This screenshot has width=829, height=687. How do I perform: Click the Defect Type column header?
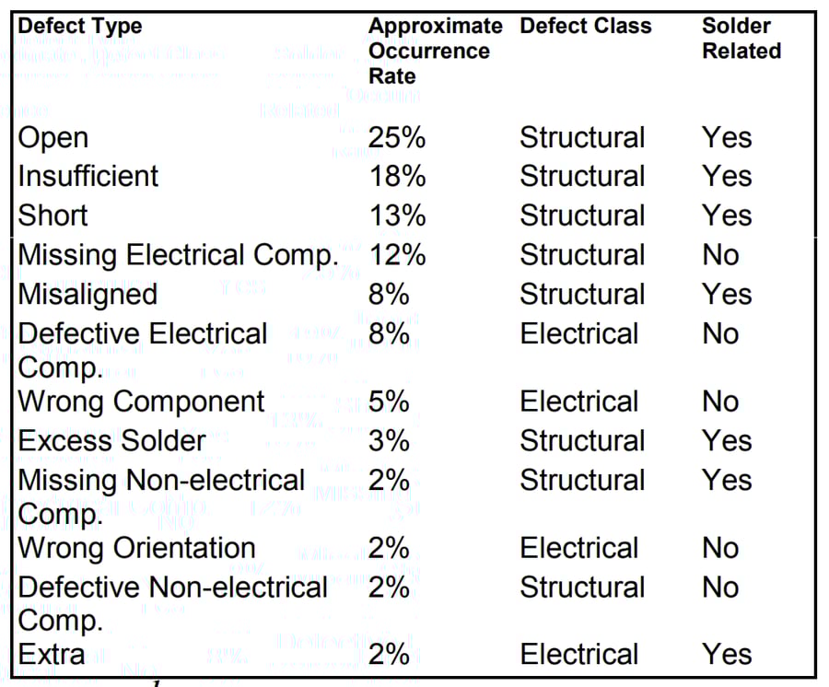coord(80,27)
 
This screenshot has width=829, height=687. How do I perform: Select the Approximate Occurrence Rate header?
coord(435,51)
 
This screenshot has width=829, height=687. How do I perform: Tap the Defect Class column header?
coord(585,27)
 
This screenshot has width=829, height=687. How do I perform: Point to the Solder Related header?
coord(741,39)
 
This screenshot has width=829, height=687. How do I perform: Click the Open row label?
coord(53,138)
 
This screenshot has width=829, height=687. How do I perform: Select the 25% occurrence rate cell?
coord(397,138)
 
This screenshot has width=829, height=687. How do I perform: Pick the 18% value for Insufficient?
coord(397,177)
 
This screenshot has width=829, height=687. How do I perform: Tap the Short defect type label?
coord(53,216)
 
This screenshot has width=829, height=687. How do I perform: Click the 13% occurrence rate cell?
coord(397,216)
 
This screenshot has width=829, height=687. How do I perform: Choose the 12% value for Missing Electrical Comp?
coord(397,255)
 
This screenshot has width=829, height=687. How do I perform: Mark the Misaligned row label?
coord(88,295)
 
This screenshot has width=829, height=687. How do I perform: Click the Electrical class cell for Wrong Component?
coord(578,402)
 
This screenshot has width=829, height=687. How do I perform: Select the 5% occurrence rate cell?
coord(389,402)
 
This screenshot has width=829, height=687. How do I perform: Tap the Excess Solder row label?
coord(111,441)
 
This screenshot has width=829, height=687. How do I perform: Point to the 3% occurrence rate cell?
coord(389,441)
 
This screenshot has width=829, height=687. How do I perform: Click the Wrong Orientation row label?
coord(136,549)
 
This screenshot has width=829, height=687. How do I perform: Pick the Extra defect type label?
coord(52,656)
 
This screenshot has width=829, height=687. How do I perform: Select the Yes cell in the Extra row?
coord(727,656)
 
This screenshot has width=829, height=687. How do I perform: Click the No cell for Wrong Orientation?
coord(720,549)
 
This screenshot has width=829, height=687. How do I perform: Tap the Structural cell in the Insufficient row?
coord(582,177)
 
